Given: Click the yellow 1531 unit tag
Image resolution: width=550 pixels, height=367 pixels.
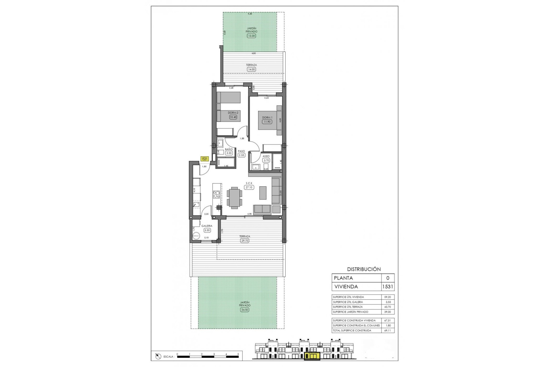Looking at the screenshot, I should coord(204,159).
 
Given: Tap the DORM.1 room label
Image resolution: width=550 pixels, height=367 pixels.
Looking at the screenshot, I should coord(267,118).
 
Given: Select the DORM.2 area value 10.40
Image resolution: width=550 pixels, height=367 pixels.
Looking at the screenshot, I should coord(233,117).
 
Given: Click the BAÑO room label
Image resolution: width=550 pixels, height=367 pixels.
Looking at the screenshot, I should coord(229,149).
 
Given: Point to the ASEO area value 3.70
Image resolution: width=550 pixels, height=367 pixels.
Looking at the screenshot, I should coord(266,161).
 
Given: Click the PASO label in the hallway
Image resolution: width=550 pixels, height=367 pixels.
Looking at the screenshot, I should coord(241,151).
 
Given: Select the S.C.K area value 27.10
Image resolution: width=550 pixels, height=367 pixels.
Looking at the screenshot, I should coord(249,187).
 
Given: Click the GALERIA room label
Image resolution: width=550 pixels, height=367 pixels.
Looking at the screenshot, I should coord(207,226).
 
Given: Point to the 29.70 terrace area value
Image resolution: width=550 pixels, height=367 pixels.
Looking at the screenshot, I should coord(245,241).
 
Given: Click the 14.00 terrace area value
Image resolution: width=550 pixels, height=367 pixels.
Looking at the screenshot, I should coord(251,69).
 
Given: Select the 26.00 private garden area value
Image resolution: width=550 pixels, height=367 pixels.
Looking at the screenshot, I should coord(245,310).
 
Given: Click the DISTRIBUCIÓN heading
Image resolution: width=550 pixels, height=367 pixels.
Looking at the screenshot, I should coord(364,269).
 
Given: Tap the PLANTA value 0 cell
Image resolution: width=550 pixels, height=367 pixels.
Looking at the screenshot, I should coord(388,278).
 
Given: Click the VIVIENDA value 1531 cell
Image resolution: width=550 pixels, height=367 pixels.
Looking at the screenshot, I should coord(388,286).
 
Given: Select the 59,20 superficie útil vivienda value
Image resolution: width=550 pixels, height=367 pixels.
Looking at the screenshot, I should coord(387,297).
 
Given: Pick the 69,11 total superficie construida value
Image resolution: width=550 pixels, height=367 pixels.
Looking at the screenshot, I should coord(387,330).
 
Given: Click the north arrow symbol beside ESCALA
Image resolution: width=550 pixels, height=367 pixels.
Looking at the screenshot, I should coord(158,356).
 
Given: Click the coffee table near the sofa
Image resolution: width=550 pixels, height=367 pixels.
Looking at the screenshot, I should coord(263,193).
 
